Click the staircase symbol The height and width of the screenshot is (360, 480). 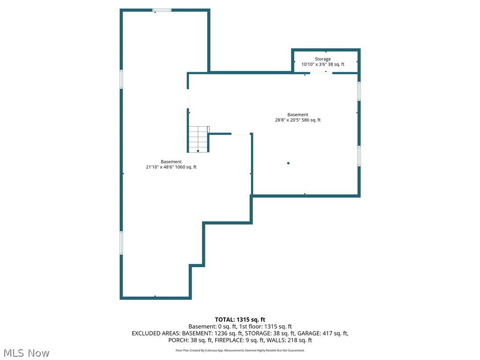tap(198, 139)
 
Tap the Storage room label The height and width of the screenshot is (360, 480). tap(322, 59)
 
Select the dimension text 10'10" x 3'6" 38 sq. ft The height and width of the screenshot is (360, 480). tap(322, 64)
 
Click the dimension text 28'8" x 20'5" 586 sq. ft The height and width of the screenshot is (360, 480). tap(298, 120)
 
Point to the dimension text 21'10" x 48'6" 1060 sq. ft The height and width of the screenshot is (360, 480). tap(171, 167)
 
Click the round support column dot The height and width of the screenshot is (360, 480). tap(288, 163)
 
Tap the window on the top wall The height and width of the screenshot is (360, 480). tap(162, 10)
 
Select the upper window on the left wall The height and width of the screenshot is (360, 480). tap(121, 79)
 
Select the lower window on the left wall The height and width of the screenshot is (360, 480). tap(121, 243)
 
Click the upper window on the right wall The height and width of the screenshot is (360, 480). tap(359, 91)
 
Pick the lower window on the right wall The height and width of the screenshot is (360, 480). tap(359, 156)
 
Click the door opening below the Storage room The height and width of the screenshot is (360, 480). tap(321, 73)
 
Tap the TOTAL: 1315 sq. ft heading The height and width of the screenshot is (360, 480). tap(240, 320)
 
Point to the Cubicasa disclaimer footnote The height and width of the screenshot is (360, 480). tap(240, 350)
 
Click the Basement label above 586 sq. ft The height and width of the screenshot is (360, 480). tap(298, 115)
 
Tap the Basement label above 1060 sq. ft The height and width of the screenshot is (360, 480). tap(171, 162)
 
